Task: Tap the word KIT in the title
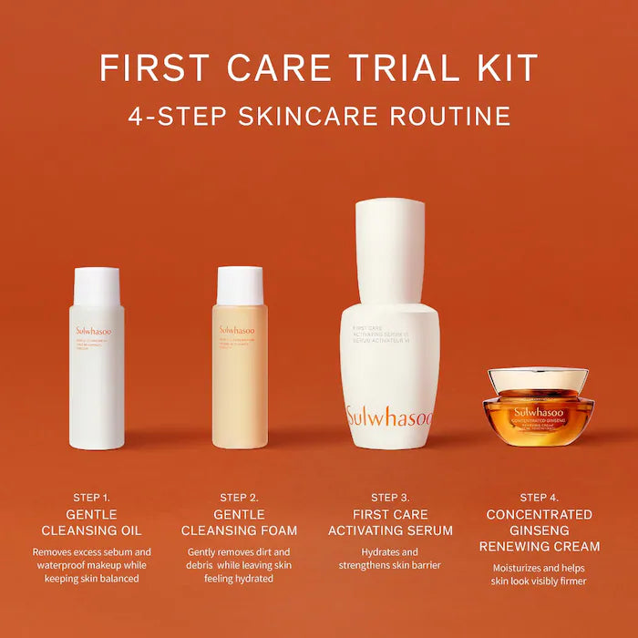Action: click(504, 68)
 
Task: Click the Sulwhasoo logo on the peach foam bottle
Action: click(237, 330)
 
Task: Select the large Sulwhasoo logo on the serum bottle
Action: click(389, 417)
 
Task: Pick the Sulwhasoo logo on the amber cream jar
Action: click(537, 412)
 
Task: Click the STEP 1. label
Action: click(91, 498)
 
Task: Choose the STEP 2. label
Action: click(239, 498)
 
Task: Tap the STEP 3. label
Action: click(389, 498)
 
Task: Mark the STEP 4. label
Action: click(540, 498)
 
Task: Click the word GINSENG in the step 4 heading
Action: click(540, 530)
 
